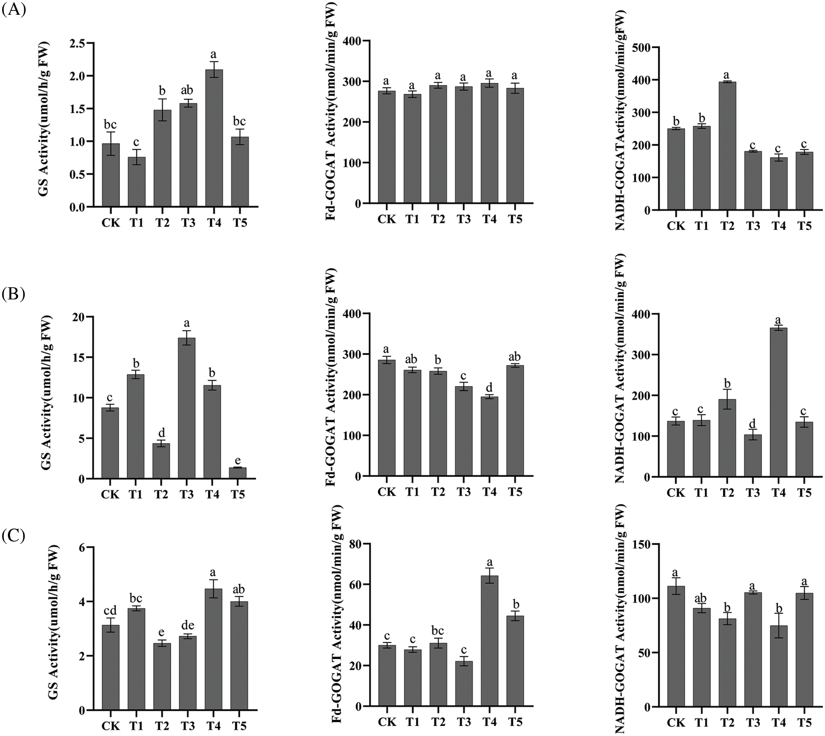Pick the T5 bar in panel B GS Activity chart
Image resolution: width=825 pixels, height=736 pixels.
pyautogui.click(x=238, y=473)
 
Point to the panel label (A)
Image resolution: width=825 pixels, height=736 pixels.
pyautogui.click(x=14, y=10)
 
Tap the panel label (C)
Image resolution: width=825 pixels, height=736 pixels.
pyautogui.click(x=14, y=536)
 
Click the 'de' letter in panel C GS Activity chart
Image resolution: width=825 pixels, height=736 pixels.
pyautogui.click(x=187, y=625)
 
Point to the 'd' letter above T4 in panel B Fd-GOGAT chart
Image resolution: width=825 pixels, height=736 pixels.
pyautogui.click(x=489, y=387)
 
